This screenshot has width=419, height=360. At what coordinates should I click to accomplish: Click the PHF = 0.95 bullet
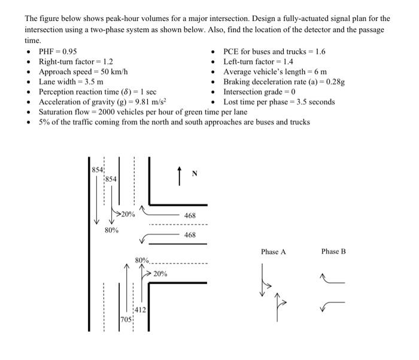point(57,51)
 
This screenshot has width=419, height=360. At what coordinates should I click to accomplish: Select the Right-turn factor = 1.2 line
point(76,62)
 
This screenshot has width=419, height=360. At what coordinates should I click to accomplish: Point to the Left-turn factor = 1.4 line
point(257,62)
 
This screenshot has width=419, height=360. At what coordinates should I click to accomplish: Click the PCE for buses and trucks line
point(274,51)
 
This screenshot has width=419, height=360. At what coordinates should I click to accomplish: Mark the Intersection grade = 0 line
point(261,92)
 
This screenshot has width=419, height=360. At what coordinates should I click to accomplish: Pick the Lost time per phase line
point(279,102)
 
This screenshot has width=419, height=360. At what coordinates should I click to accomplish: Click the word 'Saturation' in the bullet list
point(56,112)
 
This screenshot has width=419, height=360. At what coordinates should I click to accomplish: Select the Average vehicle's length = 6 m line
point(275,72)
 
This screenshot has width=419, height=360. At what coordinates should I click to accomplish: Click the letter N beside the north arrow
point(194,174)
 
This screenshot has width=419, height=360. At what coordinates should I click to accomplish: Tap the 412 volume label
point(139,310)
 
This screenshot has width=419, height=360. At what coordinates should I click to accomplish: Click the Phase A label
point(273,252)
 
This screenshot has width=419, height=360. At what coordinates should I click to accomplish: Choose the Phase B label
point(333,252)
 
